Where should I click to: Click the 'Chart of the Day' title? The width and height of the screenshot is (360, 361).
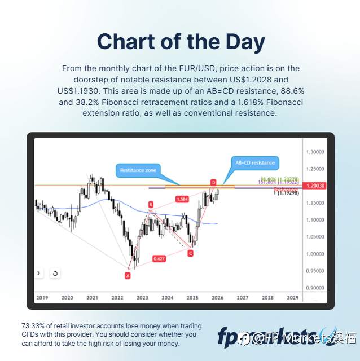point(180,42)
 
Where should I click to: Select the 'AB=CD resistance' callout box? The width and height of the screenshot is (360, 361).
point(255,163)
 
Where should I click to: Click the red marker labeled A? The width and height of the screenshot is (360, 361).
point(128,275)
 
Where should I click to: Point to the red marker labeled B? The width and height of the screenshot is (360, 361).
point(151,204)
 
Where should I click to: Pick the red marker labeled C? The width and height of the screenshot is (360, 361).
point(190,253)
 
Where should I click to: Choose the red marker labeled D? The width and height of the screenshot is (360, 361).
point(213,182)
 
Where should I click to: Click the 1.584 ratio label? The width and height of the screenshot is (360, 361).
point(182,199)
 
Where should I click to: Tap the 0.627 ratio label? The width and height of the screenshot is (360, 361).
point(159,258)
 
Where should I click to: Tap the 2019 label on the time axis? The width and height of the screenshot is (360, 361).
point(42,297)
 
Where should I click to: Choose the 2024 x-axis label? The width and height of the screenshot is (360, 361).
point(167,297)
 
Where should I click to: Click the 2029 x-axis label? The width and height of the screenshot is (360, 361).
point(292,297)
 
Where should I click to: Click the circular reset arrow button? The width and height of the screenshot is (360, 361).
point(55,274)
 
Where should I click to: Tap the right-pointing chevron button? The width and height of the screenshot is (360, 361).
point(38,274)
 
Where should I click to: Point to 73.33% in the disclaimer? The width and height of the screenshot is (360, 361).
point(34,326)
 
